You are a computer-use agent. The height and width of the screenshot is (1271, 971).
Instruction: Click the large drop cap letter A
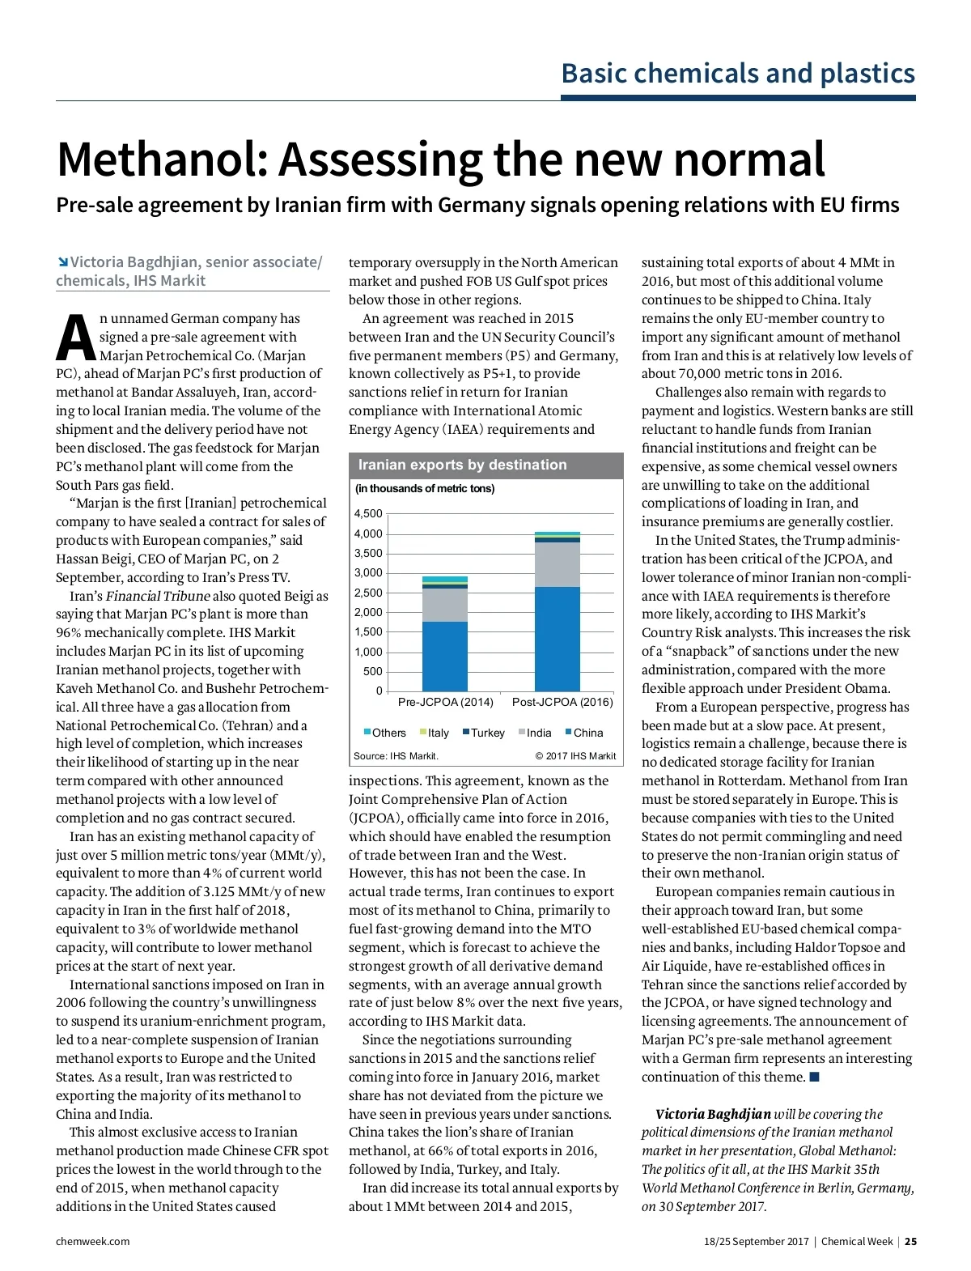[75, 338]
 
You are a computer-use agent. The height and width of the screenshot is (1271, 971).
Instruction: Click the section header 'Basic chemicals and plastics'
[738, 73]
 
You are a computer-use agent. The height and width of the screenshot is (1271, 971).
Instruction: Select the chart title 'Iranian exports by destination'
[462, 465]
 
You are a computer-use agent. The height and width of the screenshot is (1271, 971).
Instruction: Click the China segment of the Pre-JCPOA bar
[444, 656]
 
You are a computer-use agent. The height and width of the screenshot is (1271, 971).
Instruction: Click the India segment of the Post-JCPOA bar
[558, 564]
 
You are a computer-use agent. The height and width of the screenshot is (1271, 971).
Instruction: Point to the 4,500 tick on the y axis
[368, 513]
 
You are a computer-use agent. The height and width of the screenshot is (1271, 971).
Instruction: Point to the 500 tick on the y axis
[372, 671]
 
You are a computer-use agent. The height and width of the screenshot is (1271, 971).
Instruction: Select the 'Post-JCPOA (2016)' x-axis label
[562, 702]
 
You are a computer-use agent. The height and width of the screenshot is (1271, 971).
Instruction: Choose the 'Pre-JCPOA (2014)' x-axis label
[445, 702]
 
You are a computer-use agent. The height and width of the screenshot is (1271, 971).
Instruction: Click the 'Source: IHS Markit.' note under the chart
[396, 756]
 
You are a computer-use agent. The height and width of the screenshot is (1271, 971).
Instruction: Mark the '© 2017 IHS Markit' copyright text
[575, 756]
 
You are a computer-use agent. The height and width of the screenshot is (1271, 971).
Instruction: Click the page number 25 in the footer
[910, 1241]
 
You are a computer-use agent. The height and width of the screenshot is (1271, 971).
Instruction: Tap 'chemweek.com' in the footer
[92, 1241]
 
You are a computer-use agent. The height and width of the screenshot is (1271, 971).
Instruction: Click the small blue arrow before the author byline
[62, 261]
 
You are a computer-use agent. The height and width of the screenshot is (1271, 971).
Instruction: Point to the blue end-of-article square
[815, 1077]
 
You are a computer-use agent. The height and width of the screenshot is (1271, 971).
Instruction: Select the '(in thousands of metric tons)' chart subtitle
[425, 488]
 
